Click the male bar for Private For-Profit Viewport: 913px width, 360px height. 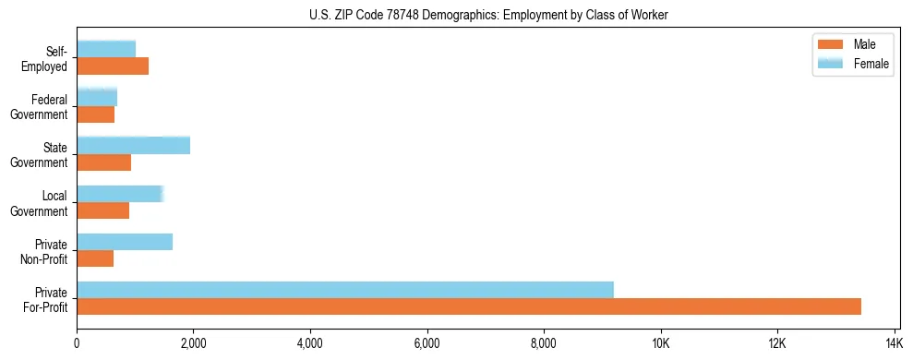[x=469, y=306]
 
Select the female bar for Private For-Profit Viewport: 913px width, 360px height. [x=345, y=290]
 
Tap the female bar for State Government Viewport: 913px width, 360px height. [x=134, y=145]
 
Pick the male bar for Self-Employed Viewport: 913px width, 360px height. [x=113, y=66]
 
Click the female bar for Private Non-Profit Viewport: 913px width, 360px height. [x=125, y=242]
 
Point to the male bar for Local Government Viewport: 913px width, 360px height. [x=103, y=210]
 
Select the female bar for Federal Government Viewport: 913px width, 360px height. [x=97, y=97]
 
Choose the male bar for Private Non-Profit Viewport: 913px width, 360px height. [x=95, y=258]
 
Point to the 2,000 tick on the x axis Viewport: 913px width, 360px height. [x=193, y=343]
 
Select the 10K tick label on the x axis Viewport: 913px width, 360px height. [x=660, y=343]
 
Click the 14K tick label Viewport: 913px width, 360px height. [x=894, y=343]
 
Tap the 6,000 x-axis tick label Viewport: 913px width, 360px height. [x=426, y=343]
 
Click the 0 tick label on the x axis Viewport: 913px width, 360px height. [x=77, y=343]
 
